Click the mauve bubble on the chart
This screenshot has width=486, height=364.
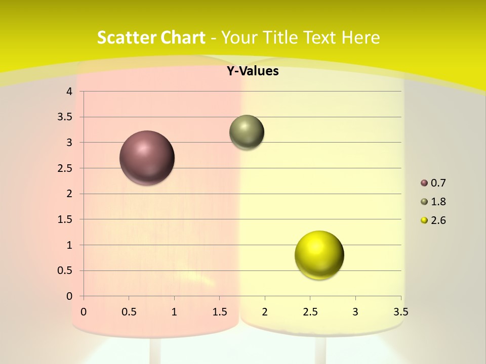pos(147,158)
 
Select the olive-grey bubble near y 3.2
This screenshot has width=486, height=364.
pos(247,132)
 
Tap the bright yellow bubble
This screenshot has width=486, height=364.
pos(319,255)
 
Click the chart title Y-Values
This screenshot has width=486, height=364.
pos(253,71)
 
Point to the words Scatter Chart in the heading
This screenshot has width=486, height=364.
pos(151,37)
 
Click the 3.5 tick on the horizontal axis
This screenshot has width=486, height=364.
pos(400,312)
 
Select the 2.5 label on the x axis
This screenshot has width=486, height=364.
pos(310,312)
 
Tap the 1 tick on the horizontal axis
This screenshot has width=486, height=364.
pos(174,312)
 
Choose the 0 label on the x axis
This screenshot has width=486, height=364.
pos(84,312)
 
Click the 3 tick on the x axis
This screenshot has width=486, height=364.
pos(355,312)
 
